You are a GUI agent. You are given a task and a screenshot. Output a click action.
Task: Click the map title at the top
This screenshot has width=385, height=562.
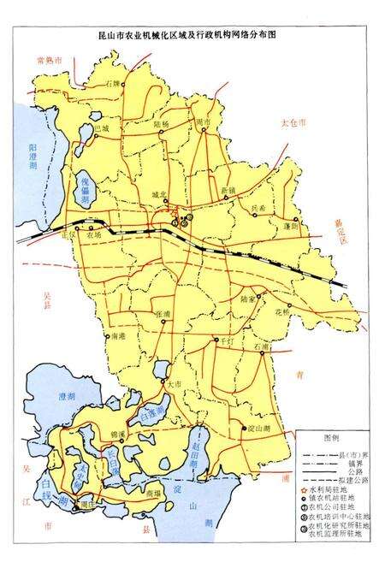(192, 38)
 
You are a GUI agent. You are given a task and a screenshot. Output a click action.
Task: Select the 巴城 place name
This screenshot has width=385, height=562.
(102, 127)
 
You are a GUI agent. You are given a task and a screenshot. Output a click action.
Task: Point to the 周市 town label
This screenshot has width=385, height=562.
(203, 123)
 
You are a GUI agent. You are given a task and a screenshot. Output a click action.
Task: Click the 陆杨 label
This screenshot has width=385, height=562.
(161, 124)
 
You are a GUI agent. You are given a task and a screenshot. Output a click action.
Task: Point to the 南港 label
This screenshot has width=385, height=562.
(119, 336)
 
